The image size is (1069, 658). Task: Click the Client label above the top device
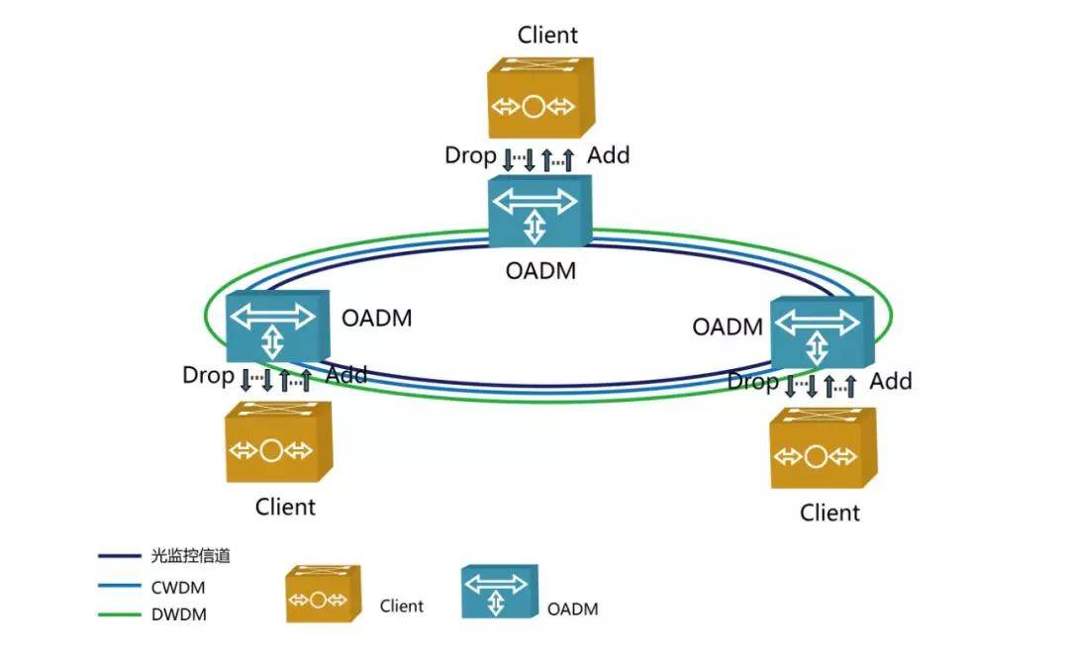click(547, 36)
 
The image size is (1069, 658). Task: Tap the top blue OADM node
click(537, 211)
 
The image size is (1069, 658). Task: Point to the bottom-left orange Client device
click(277, 442)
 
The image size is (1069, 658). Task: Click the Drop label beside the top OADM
click(470, 155)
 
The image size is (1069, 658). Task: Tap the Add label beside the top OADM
click(608, 155)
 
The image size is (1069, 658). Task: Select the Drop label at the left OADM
click(208, 375)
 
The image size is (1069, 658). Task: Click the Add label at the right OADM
click(891, 381)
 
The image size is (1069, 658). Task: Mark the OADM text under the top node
click(540, 270)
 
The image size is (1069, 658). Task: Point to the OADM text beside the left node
click(376, 319)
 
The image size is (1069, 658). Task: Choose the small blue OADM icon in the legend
click(500, 592)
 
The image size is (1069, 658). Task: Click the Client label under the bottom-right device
click(829, 513)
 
